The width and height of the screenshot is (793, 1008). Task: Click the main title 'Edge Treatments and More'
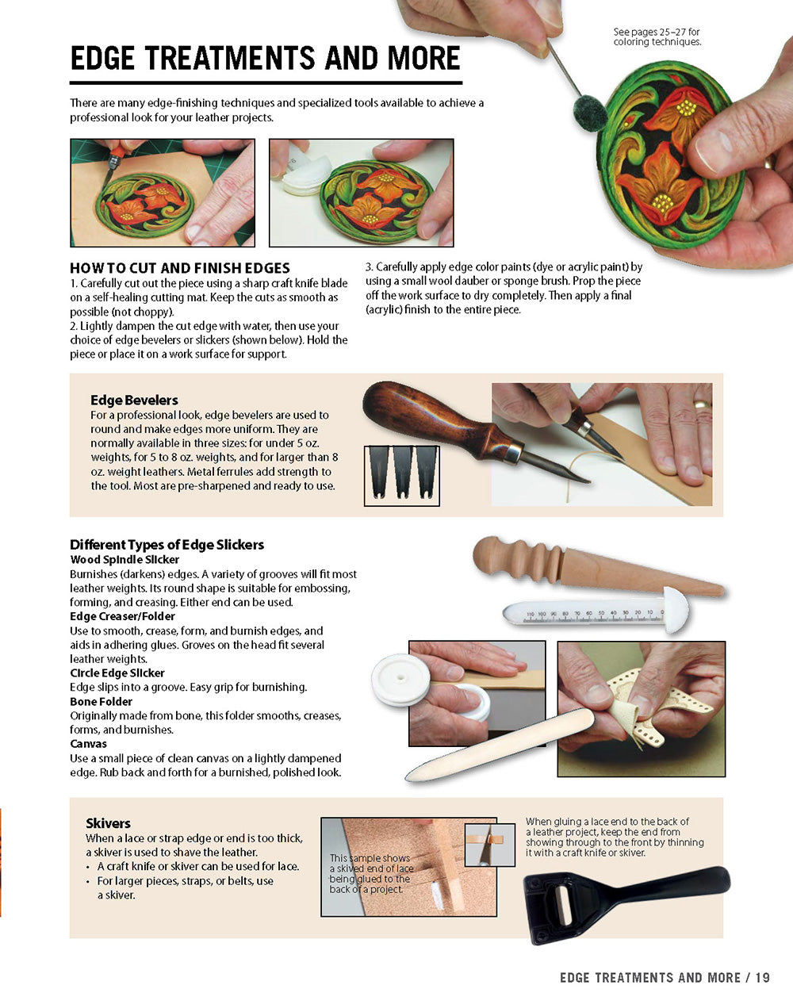(x=265, y=59)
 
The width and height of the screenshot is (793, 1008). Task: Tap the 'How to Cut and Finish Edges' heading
(x=180, y=268)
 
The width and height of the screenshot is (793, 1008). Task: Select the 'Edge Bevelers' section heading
(x=134, y=401)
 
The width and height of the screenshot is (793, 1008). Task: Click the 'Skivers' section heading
(x=108, y=823)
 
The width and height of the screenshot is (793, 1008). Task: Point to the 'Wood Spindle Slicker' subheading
(x=125, y=560)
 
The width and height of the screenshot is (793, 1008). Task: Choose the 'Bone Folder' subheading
(x=101, y=702)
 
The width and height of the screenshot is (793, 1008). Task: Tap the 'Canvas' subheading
(x=88, y=744)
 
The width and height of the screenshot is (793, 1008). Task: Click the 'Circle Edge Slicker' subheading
(x=117, y=673)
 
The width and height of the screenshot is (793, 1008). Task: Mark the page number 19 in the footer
(x=762, y=978)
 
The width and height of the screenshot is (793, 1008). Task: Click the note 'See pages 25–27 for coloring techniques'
(x=657, y=37)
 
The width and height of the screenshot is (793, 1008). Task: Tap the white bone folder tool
(x=500, y=746)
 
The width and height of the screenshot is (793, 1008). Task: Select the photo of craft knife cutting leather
(x=163, y=193)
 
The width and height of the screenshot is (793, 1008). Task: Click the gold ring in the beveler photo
(x=700, y=405)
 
